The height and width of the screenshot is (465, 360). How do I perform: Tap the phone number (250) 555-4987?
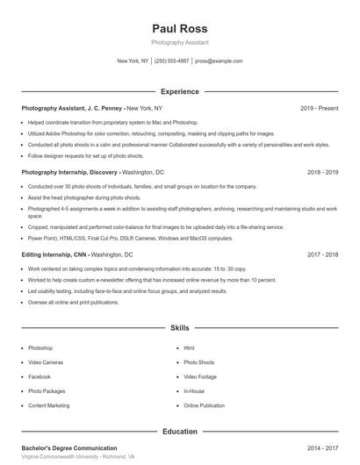171,61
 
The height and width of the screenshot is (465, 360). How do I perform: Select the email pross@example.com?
219,61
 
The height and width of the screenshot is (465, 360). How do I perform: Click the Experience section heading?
179,91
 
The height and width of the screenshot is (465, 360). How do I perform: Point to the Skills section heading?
179,328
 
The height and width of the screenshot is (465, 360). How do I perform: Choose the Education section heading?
179,432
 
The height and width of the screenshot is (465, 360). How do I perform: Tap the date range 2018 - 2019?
322,173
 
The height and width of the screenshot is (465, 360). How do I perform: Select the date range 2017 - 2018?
322,254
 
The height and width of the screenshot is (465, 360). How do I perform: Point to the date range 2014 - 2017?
322,447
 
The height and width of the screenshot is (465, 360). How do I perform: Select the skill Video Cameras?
46,362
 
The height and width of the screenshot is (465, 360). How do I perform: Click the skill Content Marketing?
48,405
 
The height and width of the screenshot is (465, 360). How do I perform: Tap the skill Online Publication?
205,405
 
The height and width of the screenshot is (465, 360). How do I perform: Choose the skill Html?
189,348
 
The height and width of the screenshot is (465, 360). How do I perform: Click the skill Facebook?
40,376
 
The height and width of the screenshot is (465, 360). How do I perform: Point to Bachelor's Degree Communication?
69,447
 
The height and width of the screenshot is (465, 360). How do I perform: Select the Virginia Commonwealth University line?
78,457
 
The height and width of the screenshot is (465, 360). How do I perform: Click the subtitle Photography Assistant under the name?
179,42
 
